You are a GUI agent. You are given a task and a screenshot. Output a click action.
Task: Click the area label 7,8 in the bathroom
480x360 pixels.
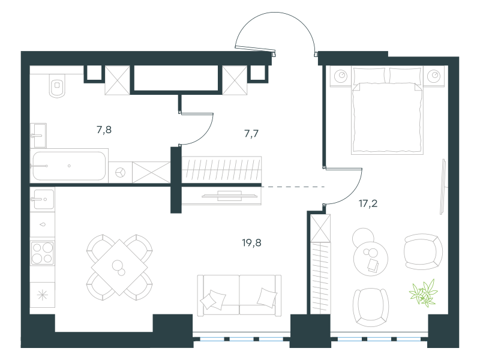coord(104,130)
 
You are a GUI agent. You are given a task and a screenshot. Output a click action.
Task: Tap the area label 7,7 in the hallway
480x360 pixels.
coord(251,134)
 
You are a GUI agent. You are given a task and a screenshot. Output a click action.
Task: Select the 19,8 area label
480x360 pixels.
coord(251,243)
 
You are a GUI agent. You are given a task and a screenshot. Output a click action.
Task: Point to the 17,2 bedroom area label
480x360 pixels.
coord(368,203)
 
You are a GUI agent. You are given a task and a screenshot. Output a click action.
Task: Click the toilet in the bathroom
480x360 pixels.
coord(57,85)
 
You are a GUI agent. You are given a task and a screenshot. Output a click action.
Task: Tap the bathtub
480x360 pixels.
coord(69,166)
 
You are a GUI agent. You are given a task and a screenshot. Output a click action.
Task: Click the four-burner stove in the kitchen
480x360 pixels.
coord(43,253)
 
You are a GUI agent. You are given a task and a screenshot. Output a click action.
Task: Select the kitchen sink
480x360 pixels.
coord(42,199)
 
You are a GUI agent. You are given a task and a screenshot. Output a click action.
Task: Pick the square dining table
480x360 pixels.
coord(119,268)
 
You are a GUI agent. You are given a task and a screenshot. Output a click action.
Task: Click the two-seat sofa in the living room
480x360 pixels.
coord(239,295)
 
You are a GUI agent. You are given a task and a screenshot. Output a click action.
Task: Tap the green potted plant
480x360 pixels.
coord(424,293)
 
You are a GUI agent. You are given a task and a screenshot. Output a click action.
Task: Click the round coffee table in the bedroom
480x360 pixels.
coord(370,258)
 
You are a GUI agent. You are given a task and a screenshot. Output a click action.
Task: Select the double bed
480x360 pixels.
coord(387,110)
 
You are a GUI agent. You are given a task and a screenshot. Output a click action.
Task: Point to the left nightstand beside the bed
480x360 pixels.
coord(341,76)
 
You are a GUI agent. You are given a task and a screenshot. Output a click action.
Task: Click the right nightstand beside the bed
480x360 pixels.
coord(434,76)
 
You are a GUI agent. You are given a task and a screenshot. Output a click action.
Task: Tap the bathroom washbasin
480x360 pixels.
coord(38,136)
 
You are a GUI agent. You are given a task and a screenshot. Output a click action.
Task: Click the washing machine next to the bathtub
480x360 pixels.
coord(121,172)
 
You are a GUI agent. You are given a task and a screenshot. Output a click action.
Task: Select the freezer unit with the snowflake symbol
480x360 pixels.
coord(43,295)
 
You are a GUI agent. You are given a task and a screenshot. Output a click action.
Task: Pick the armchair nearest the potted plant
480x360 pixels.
coord(423,252)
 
